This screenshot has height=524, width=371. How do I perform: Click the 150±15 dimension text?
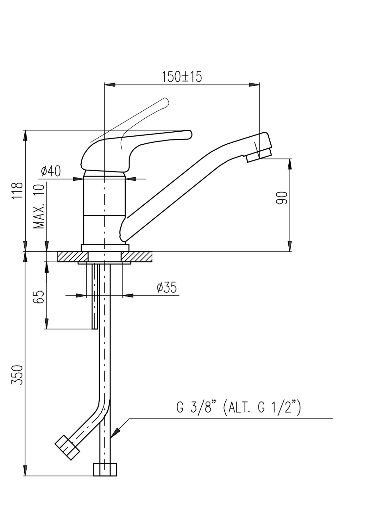182,77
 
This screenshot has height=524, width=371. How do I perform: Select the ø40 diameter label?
51,171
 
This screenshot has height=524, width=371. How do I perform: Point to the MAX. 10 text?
40,206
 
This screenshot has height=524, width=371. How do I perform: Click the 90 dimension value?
281,198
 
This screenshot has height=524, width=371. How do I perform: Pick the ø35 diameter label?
167,288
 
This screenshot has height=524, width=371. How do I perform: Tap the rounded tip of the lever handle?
189,134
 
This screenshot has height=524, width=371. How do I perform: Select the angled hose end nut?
67,448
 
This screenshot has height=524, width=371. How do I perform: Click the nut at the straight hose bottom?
105,469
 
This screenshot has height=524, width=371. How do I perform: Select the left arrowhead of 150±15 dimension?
110,84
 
